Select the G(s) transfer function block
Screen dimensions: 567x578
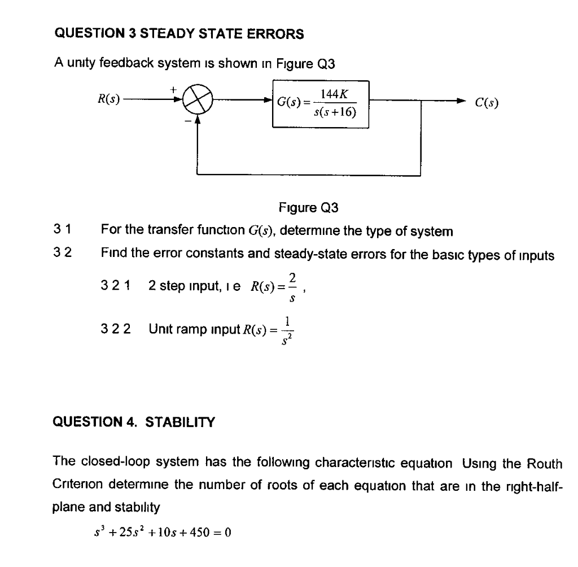tap(321, 103)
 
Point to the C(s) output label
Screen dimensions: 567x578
tap(487, 103)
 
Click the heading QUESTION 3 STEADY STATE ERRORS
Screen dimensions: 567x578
tap(179, 34)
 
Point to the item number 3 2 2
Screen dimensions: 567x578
tap(119, 328)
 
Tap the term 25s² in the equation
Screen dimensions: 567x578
tap(137, 532)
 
